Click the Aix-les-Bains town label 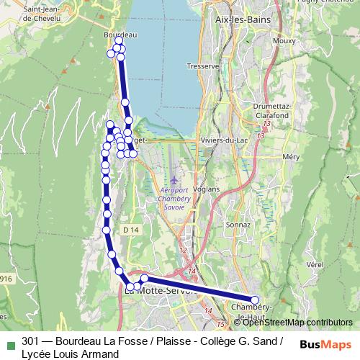(242, 20)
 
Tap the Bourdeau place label (120, 35)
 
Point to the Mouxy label (285, 42)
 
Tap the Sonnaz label (237, 225)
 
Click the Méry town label (291, 156)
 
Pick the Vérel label (315, 264)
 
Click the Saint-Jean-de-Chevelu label (32, 13)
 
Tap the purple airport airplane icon (174, 179)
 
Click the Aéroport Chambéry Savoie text (173, 198)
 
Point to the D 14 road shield (130, 229)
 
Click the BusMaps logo (326, 344)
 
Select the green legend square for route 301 (9, 342)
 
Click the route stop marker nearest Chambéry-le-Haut (255, 300)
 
